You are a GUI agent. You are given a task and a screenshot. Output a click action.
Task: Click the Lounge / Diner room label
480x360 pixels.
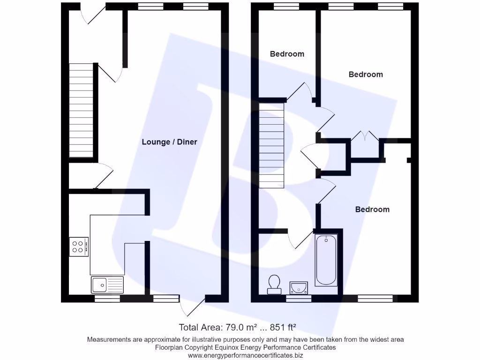pos(169,142)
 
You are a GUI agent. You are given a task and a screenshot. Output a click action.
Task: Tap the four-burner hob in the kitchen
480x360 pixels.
pos(79,247)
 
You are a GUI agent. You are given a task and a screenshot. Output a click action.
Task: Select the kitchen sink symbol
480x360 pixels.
pos(107,285)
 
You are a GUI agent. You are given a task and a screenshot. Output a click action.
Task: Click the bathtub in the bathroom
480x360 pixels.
pos(326,260)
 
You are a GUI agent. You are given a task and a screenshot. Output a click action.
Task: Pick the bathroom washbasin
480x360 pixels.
pos(299,286)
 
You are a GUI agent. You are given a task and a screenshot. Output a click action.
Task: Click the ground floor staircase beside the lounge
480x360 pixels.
pos(82,111)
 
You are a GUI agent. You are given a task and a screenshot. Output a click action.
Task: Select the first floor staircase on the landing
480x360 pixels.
pos(271,146)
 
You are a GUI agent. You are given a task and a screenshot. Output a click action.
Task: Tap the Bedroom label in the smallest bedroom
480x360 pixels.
pos(287,54)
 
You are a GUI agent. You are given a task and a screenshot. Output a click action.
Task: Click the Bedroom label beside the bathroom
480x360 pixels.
pos(372,209)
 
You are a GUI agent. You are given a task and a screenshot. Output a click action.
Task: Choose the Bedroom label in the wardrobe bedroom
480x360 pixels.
pos(366,74)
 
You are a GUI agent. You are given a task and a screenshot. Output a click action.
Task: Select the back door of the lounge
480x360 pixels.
pos(193,305)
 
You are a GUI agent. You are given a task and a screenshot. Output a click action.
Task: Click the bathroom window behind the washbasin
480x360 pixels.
pos(299,299)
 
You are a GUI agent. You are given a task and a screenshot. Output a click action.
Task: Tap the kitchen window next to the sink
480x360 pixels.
pos(107,298)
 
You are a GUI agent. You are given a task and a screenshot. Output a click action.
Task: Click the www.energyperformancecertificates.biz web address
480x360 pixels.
pos(245,356)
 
